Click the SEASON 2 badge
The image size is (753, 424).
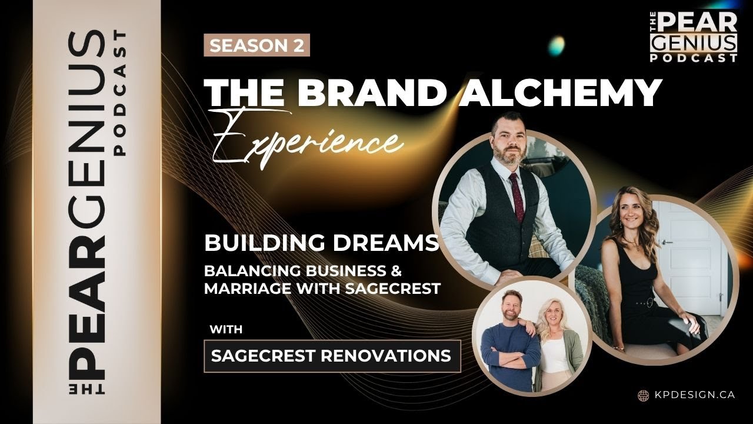point(256,46)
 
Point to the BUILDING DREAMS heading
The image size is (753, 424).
point(321,243)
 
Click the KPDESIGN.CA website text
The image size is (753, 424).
point(694,395)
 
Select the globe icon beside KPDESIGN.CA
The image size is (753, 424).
point(643,395)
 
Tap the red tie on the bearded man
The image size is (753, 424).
point(518,195)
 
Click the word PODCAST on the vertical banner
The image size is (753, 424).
point(120,94)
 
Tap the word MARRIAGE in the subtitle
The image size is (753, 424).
point(242,289)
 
